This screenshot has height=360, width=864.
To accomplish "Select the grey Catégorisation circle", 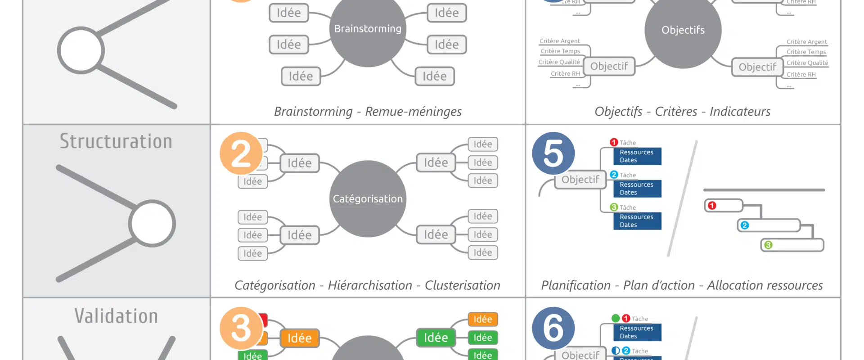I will [x=368, y=198].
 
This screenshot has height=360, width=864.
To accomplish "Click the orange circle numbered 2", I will [x=241, y=153].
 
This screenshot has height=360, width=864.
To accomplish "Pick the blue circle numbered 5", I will [x=553, y=153].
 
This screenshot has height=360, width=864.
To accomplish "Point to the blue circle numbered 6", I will [x=553, y=328].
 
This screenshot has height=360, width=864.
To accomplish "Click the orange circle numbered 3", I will [x=241, y=328].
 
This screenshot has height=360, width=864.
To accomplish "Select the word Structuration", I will [x=116, y=141].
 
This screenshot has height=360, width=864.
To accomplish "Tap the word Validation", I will [x=116, y=316].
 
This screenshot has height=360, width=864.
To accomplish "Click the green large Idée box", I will [x=436, y=337].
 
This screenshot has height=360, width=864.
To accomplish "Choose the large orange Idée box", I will [x=300, y=338].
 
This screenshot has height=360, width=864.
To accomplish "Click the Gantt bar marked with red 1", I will [x=724, y=206].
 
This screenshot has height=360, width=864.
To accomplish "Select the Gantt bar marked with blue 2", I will [x=769, y=225].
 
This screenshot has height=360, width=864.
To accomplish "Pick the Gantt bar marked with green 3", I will [x=792, y=245].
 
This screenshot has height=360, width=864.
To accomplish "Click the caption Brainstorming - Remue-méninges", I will [x=368, y=111].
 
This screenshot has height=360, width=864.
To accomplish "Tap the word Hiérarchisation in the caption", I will [x=370, y=285].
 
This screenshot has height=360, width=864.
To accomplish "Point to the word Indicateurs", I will [x=740, y=111].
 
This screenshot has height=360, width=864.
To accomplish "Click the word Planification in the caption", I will [x=576, y=285].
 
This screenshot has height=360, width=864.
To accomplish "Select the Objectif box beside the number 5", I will [x=580, y=180].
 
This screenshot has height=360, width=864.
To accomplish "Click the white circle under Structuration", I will [x=152, y=224].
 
